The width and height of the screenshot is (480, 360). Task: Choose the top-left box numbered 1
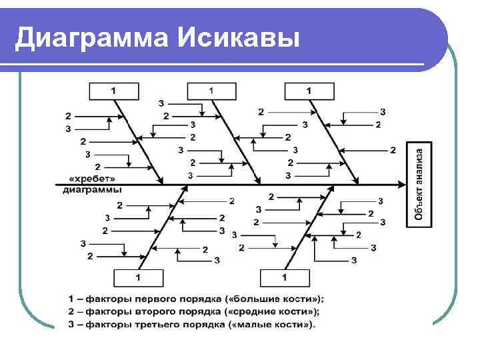[x=114, y=91]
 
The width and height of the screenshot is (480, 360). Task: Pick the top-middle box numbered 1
[x=211, y=91]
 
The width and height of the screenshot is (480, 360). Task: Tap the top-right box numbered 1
[x=309, y=91]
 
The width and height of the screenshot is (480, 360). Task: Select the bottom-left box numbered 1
[x=138, y=277]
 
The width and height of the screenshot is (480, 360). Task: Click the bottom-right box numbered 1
[x=285, y=277]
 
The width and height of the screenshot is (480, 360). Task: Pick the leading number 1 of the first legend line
[x=71, y=299]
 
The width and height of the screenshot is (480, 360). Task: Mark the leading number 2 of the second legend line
[x=71, y=311]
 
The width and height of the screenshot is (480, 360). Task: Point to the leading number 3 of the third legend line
[x=71, y=324]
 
